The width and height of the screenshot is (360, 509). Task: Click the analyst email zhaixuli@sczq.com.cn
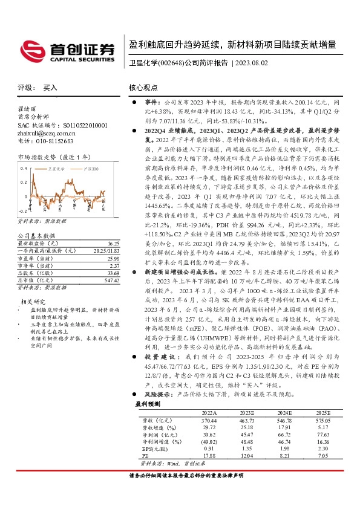[x=47, y=133]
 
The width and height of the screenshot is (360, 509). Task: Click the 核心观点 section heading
[x=144, y=88]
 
